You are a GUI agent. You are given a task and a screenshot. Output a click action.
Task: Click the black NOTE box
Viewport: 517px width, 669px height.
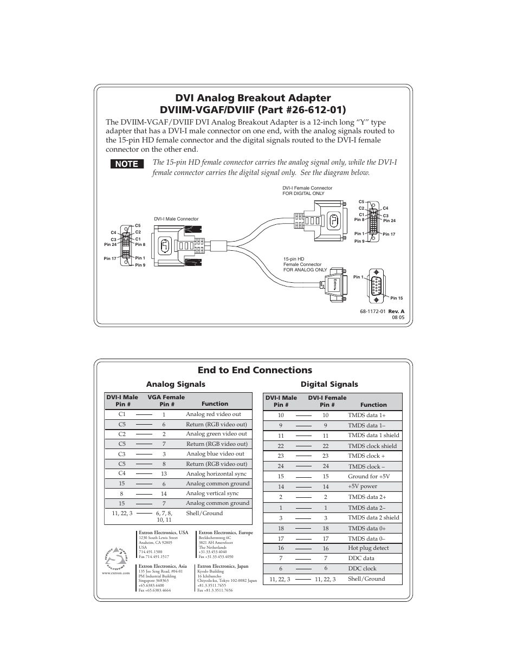coord(127,164)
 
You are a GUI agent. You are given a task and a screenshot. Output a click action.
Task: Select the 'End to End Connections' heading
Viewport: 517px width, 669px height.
coord(255,370)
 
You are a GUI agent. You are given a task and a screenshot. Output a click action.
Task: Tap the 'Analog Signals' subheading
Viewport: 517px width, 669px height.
coord(176,384)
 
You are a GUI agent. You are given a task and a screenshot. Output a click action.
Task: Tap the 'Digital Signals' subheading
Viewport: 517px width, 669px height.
coord(329,384)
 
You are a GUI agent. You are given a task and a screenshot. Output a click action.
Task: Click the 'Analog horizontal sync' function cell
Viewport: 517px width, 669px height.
coord(216,473)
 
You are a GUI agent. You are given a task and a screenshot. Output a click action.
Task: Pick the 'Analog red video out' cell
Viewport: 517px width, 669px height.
coord(214,414)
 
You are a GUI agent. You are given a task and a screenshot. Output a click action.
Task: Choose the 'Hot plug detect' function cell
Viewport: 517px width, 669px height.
coord(369,548)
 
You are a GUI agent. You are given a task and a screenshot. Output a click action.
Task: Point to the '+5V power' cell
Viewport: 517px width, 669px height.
coord(363,486)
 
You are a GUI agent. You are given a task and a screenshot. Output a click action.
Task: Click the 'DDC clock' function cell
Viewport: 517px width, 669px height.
coord(362,568)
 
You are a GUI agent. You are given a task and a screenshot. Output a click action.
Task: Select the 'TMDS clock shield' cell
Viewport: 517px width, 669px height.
coord(372,446)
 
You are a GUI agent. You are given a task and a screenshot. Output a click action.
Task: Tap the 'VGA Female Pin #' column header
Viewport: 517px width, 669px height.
coord(166,400)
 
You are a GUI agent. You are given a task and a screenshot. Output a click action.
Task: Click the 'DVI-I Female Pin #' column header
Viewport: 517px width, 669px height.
coord(327,401)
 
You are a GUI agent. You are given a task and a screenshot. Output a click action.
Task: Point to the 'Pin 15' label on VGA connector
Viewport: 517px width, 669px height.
coord(396,298)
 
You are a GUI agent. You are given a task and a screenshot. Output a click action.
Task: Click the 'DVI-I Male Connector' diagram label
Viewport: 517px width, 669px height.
coord(176,219)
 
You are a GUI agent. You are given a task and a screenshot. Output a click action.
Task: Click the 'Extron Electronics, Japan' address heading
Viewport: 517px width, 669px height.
coord(223,566)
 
